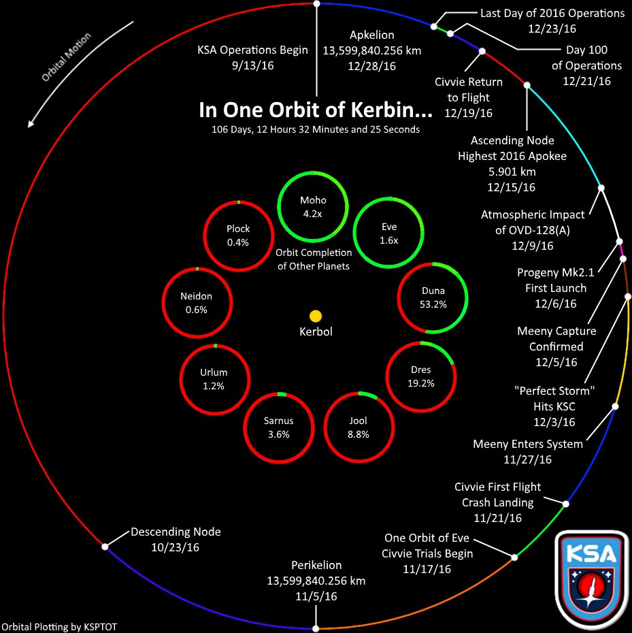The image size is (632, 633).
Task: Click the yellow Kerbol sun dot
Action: [x=315, y=316]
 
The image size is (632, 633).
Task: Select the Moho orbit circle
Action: [x=313, y=206]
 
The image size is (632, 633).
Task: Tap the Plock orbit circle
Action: [x=238, y=235]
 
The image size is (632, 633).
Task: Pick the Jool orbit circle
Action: [x=358, y=427]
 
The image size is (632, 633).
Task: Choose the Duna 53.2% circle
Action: [x=433, y=297]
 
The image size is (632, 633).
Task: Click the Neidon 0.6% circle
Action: [x=197, y=302]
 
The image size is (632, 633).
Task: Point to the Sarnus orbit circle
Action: [x=278, y=427]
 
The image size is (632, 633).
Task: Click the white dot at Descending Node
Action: [x=105, y=546]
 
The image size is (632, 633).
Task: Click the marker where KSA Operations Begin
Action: [x=316, y=4]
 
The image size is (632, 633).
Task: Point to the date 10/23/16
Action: [x=176, y=547]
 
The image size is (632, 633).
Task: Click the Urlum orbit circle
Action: [x=214, y=378]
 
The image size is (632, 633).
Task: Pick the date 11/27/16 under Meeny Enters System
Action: [x=528, y=459]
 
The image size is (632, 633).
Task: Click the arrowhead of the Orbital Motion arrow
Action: [x=30, y=124]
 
